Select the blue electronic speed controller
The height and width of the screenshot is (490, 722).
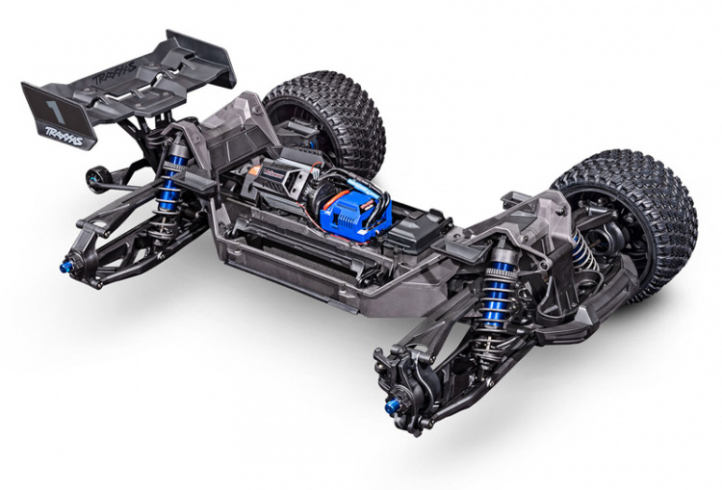(x=360, y=208)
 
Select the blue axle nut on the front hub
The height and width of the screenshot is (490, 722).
(x=392, y=407)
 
